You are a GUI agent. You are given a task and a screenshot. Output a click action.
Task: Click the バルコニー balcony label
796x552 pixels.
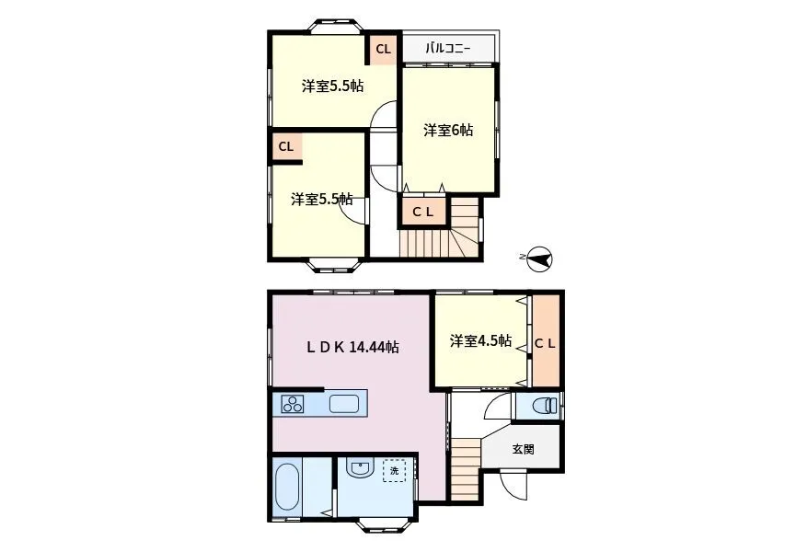coord(448,49)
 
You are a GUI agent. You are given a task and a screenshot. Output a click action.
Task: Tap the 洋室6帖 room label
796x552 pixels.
coord(448,131)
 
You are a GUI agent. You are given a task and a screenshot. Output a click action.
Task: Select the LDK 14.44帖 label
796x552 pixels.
coord(352,347)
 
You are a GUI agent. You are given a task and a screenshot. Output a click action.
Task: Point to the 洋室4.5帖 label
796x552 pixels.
coord(480,340)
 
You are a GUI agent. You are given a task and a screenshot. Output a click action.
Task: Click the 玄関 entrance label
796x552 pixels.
coord(523,449)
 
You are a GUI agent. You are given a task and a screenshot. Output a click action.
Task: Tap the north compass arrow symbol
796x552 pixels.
coord(539,259)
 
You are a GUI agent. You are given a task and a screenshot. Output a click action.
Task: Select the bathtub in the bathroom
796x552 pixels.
coord(286,488)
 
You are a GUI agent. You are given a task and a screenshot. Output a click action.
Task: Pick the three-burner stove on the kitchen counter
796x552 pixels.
coord(293,404)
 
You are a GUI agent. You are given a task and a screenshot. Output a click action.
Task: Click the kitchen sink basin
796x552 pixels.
coord(344,405)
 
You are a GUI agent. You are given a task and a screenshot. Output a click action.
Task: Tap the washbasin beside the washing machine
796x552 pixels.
coord(360,467)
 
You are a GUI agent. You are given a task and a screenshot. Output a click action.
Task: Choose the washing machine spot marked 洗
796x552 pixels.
coord(395,470)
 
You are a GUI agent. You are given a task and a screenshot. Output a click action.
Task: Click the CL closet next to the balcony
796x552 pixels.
coord(384,49)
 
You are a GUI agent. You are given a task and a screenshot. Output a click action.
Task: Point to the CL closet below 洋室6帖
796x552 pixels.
coord(423,212)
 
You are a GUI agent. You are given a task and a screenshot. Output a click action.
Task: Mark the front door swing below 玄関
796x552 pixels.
coord(513,486)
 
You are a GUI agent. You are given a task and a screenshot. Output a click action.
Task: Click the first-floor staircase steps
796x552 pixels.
coord(466,469)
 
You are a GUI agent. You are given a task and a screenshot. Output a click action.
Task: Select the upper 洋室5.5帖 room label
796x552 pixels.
coord(332,86)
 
